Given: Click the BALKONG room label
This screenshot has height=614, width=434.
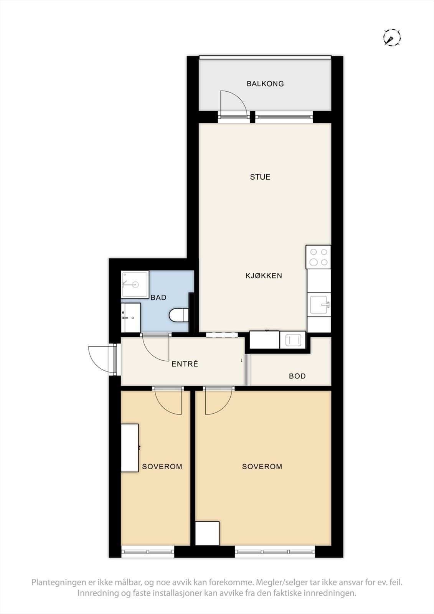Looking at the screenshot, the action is coord(265,84).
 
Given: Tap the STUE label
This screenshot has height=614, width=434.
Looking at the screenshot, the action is coord(260,177).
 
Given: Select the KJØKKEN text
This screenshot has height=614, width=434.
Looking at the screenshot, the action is coord(264,276).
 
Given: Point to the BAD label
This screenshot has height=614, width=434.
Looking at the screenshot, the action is coord(158,297).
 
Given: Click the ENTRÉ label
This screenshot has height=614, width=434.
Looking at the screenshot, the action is coord(185,364).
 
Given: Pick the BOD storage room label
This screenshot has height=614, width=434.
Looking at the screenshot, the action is coord(297,376).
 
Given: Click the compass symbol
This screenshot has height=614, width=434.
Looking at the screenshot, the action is coord(392,37).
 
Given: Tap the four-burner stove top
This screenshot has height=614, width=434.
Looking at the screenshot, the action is coord(318,257).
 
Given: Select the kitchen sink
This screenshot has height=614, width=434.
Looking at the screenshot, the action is coord(319,305).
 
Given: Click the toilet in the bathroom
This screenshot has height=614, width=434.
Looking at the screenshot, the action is coord(179,315).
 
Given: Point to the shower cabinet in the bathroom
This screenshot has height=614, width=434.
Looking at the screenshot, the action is coord(135,284).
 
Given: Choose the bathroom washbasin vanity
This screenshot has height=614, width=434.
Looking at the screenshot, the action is coord(131,317).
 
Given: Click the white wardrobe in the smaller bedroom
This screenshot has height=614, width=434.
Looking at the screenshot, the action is coord(130,448).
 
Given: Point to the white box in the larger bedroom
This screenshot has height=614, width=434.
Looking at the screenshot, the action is coord(207,533).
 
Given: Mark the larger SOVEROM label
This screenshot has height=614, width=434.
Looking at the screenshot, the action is coord(262,466).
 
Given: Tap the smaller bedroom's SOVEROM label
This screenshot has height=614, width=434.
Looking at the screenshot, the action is coord(162,466).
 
